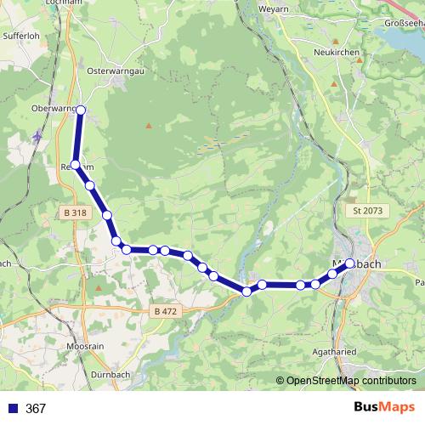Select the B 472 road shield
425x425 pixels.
[x=166, y=312]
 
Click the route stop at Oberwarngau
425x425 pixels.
[x=81, y=110]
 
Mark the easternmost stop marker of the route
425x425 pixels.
[x=349, y=263]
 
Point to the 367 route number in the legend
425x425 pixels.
[x=36, y=409]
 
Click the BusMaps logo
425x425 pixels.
[x=383, y=407]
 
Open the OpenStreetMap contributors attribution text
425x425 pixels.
[x=350, y=380]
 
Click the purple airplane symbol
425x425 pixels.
[x=37, y=135]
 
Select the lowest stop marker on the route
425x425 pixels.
[x=246, y=292]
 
